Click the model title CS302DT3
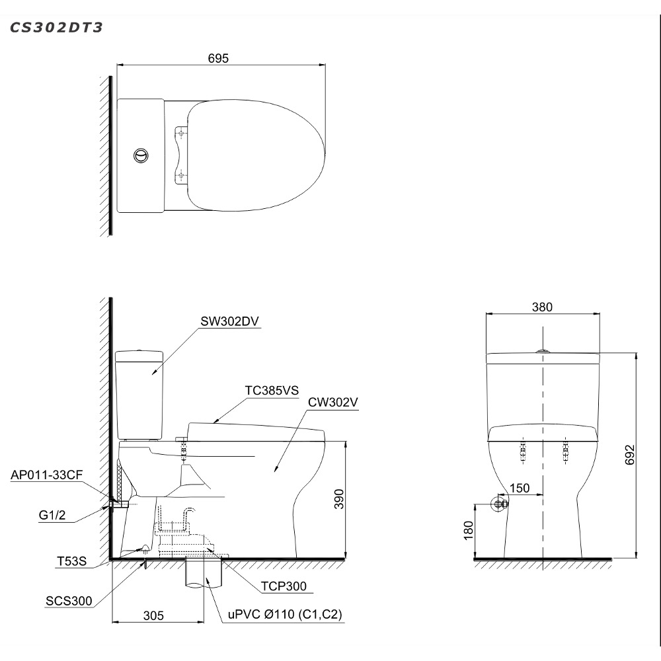(56, 27)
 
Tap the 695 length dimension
(218, 58)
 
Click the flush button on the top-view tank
(141, 155)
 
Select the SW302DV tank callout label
(229, 321)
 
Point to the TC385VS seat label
(272, 391)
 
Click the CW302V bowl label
(333, 402)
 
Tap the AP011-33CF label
(47, 475)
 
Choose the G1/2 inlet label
(52, 515)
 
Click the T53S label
(71, 561)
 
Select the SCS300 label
(69, 601)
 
